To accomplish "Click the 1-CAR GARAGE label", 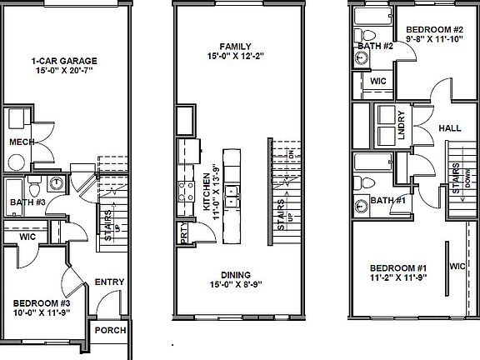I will click(65, 61).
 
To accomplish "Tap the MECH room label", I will click(22, 142).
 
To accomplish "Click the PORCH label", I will click(110, 331).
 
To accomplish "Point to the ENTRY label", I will click(109, 282).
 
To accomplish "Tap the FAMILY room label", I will click(235, 47).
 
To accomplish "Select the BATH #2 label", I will click(374, 46).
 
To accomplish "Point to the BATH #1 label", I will click(388, 200).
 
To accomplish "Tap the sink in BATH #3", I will click(56, 184).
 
